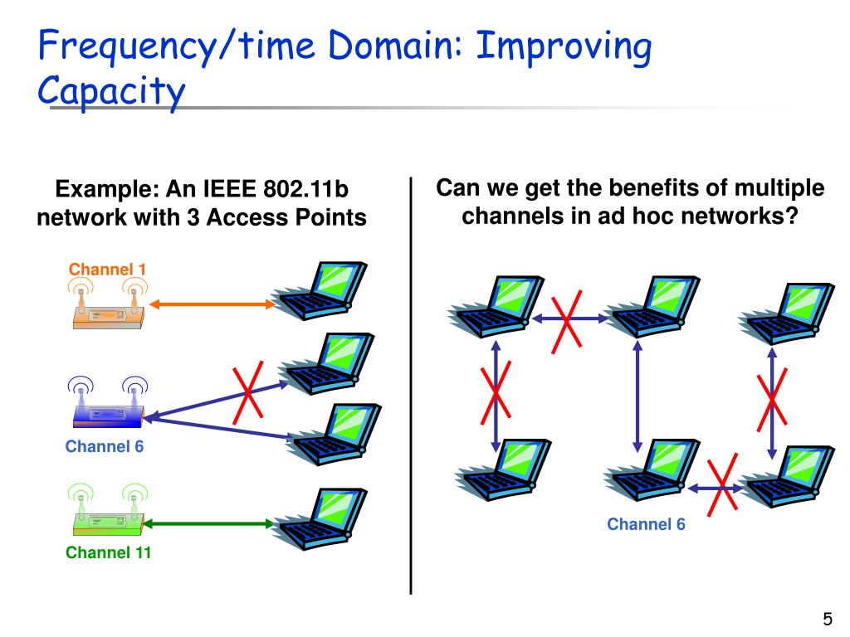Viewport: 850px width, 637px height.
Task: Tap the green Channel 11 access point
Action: (x=106, y=519)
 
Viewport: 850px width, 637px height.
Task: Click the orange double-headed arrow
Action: (x=212, y=304)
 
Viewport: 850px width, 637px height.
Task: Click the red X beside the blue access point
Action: (x=248, y=391)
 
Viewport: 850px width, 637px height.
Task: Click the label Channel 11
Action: (x=108, y=552)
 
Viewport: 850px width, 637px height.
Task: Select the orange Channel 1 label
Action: (x=107, y=269)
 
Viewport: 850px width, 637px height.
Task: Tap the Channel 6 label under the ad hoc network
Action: (x=646, y=524)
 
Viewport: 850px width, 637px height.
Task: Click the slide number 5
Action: (x=827, y=619)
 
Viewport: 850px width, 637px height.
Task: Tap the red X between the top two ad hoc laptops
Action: (x=568, y=318)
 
